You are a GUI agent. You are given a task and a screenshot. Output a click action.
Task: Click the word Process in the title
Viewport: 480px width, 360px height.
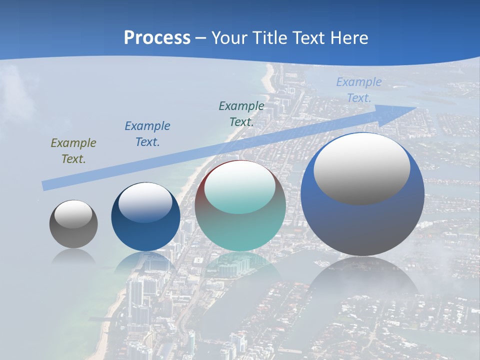pyautogui.click(x=157, y=37)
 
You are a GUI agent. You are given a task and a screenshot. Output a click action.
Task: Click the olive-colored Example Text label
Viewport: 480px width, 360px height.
pyautogui.click(x=73, y=151)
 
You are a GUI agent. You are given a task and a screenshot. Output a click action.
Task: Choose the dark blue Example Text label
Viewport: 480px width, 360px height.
pyautogui.click(x=147, y=134)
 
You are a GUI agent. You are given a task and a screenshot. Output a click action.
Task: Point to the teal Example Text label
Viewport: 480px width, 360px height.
pyautogui.click(x=241, y=113)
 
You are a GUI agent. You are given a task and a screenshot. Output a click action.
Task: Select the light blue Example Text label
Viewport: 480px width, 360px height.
pyautogui.click(x=358, y=90)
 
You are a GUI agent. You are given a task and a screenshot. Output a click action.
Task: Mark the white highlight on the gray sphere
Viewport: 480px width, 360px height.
pyautogui.click(x=73, y=214)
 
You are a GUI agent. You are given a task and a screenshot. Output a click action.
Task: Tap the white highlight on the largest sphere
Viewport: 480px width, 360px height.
pyautogui.click(x=361, y=169)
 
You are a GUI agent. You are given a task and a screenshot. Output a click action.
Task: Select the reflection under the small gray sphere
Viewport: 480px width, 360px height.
pyautogui.click(x=73, y=256)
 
